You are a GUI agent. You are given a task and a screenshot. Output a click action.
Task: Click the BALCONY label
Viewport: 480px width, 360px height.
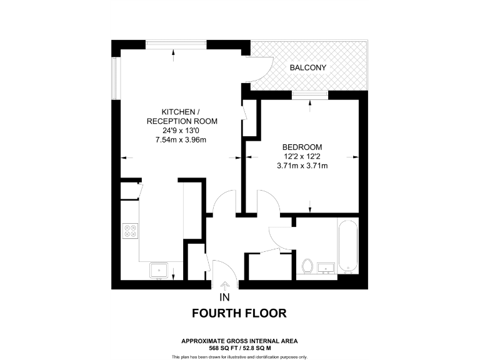pyautogui.click(x=307, y=67)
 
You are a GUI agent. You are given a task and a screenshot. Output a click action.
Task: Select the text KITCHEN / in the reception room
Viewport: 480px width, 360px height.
pyautogui.click(x=180, y=111)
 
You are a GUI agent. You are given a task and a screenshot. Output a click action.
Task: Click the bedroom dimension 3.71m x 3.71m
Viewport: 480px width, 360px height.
pyautogui.click(x=302, y=166)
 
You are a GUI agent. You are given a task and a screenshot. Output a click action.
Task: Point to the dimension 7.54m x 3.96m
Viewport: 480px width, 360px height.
pyautogui.click(x=180, y=140)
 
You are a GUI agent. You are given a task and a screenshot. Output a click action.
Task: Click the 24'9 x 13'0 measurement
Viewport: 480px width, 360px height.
pyautogui.click(x=180, y=131)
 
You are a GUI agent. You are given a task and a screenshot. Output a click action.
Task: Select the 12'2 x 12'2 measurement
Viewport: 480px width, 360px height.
pyautogui.click(x=302, y=156)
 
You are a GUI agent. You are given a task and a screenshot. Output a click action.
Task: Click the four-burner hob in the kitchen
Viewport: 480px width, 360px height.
pyautogui.click(x=131, y=232)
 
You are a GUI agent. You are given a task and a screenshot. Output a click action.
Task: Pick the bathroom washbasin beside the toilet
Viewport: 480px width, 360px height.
pyautogui.click(x=326, y=269)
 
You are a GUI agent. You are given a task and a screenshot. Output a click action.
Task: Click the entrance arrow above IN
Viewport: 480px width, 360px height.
pyautogui.click(x=225, y=286)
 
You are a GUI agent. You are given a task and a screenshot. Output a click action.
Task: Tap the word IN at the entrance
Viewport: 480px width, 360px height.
pyautogui.click(x=225, y=297)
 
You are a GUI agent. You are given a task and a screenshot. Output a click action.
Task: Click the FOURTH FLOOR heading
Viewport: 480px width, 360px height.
pyautogui.click(x=239, y=313)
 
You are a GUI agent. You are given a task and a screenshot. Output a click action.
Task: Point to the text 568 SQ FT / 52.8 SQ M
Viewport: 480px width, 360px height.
pyautogui.click(x=239, y=347)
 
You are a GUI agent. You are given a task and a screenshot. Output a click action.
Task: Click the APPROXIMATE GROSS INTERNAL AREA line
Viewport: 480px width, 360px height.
pyautogui.click(x=239, y=341)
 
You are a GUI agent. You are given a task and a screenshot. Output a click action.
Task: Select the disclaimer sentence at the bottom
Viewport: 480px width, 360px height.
pyautogui.click(x=239, y=356)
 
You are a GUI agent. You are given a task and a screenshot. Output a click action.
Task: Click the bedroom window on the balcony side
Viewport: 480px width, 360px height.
pyautogui.click(x=311, y=95)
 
